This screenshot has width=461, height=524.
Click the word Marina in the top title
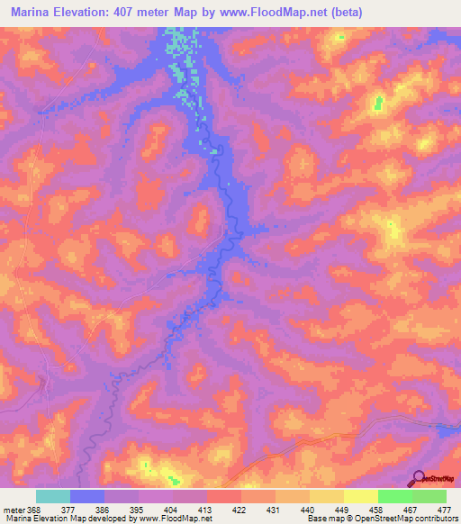(34, 13)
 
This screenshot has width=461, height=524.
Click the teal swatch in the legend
(53, 496)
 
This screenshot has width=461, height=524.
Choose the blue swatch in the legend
(87, 496)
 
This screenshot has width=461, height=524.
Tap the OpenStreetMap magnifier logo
(418, 480)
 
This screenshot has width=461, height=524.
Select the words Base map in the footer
(323, 519)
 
